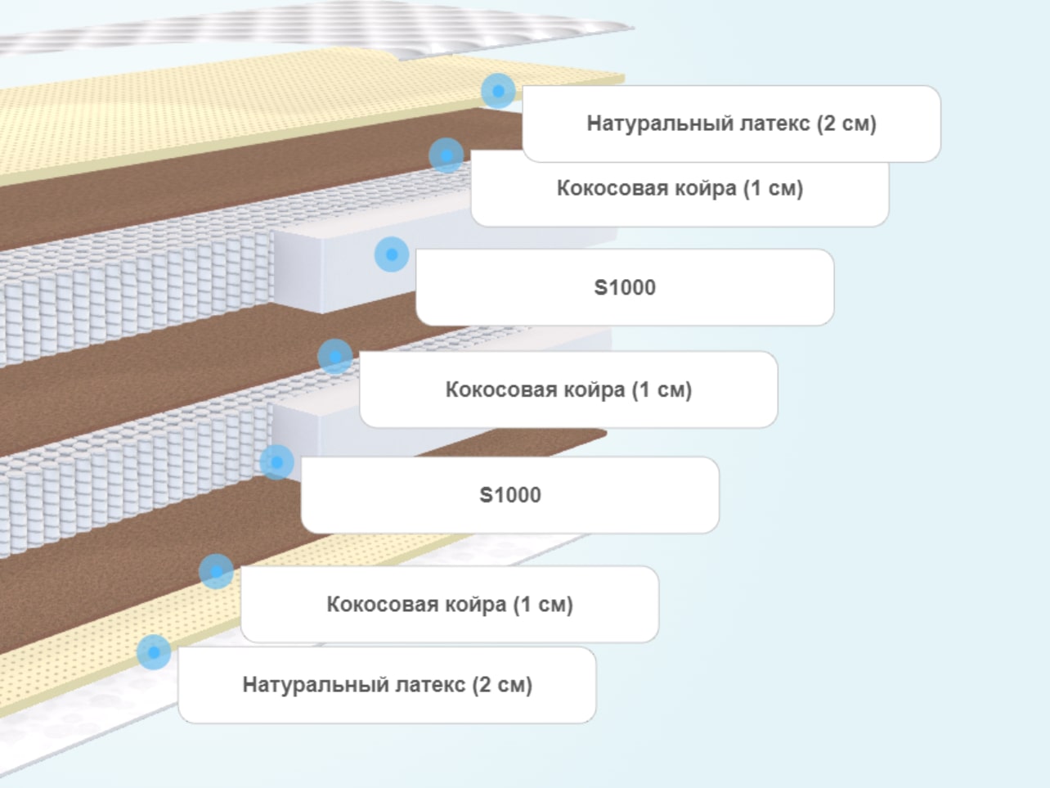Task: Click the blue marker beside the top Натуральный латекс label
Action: (499, 91)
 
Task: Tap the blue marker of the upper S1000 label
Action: (392, 254)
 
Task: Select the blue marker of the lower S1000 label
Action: (277, 462)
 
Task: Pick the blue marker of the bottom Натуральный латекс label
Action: (154, 652)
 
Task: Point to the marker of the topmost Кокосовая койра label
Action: (446, 155)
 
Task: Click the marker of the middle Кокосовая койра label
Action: (335, 357)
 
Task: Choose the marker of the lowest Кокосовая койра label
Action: (216, 572)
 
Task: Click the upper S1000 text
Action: (625, 287)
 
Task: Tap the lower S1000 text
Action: (510, 495)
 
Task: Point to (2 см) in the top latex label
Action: (846, 124)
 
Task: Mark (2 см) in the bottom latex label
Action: (502, 685)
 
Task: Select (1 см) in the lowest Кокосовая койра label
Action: (543, 604)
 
